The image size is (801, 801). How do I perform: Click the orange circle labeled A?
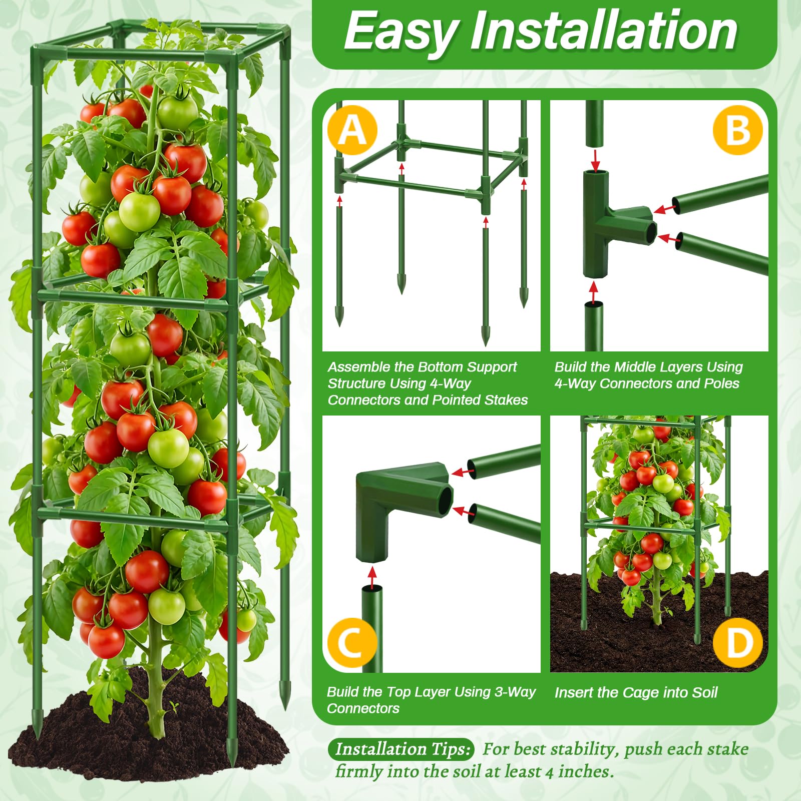352,130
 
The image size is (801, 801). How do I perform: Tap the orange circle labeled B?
738,130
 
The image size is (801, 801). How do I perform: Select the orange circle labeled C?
351,642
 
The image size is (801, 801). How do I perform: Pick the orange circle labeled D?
738,642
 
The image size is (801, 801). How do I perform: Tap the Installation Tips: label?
403,749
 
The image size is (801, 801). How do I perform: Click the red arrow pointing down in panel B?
595,159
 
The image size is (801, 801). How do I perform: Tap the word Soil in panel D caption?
704,692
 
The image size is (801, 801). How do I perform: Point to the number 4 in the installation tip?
549,772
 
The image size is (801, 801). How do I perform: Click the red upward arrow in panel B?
594,292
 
